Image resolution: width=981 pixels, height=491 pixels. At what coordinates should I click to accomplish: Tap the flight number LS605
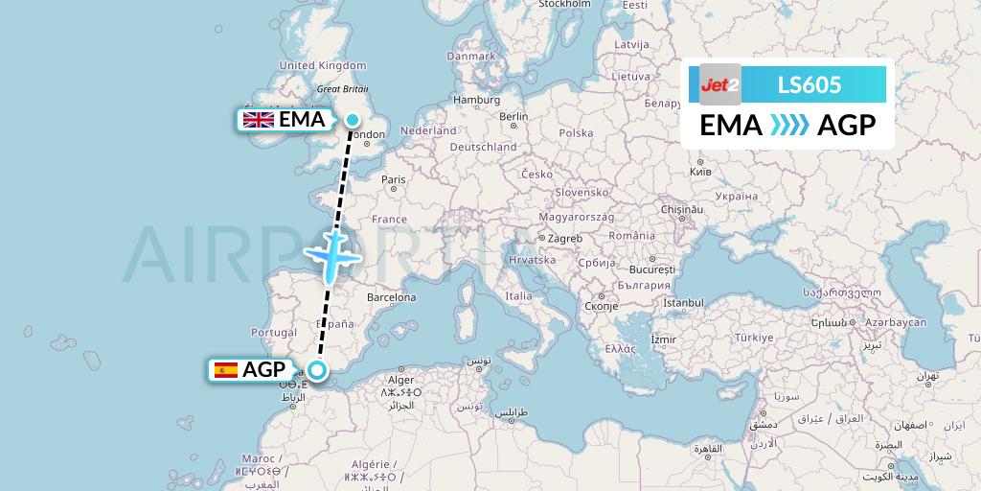(810, 85)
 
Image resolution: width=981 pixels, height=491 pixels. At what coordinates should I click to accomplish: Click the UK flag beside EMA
(259, 120)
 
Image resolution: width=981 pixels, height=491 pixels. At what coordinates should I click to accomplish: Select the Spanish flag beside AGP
(226, 369)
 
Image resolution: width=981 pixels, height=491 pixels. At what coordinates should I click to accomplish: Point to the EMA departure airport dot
(353, 120)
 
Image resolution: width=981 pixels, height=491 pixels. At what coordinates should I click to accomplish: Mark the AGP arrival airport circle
(318, 369)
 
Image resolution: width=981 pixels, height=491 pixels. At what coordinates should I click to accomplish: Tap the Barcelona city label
(390, 297)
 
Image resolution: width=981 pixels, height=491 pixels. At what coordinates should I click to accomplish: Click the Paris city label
(394, 179)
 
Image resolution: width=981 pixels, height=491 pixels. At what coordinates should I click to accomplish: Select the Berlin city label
(513, 117)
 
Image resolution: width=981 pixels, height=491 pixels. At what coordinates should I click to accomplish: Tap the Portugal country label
(273, 332)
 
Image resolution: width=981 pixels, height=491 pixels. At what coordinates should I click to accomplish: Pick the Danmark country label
(470, 57)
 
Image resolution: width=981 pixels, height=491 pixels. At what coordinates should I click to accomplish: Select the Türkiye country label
(754, 338)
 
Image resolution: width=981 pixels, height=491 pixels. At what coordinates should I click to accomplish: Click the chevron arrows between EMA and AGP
(789, 125)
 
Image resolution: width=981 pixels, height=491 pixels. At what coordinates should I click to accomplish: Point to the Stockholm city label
(564, 5)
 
